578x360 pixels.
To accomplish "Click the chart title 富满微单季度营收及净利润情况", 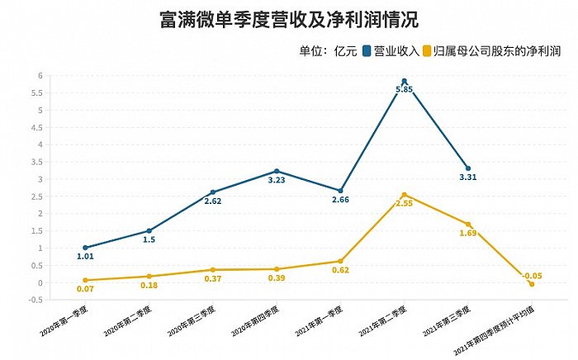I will click(x=288, y=20).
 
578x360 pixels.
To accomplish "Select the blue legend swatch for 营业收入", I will click(x=367, y=52).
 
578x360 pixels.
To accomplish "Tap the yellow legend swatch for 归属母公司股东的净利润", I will click(x=427, y=52).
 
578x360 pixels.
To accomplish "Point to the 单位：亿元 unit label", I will click(x=329, y=52).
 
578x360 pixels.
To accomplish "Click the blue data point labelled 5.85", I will click(x=404, y=81).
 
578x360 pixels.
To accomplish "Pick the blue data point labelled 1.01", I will click(x=85, y=248).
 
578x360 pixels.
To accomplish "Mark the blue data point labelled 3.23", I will click(x=277, y=171).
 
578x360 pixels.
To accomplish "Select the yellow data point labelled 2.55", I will click(x=404, y=195).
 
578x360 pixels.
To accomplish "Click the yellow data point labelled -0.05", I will click(x=532, y=284).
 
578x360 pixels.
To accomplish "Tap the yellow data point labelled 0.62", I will click(x=340, y=261).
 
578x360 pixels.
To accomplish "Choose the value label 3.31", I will click(x=467, y=178).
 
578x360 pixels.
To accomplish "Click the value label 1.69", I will click(x=467, y=234).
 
